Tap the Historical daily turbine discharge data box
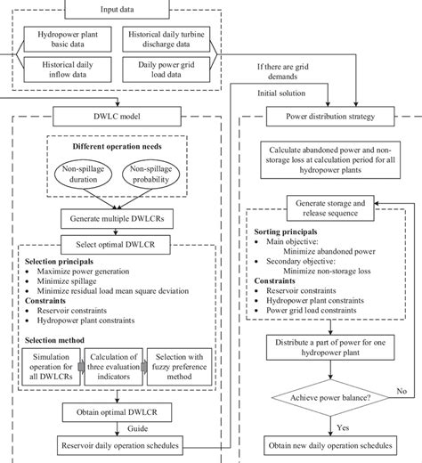coord(177,40)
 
